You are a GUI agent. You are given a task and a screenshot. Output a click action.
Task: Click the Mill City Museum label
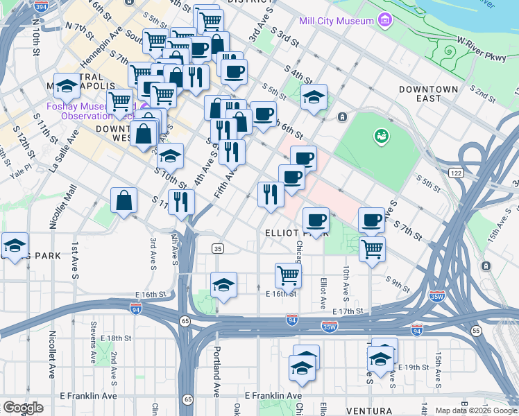tap(337, 21)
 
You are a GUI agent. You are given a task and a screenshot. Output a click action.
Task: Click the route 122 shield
tap(455, 172)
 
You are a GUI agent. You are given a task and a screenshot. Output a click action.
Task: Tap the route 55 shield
tap(476, 331)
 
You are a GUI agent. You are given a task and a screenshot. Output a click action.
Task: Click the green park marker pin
tap(380, 136)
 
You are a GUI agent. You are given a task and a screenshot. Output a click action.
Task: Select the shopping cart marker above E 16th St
tap(288, 275)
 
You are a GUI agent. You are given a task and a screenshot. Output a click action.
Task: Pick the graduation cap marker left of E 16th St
tap(223, 285)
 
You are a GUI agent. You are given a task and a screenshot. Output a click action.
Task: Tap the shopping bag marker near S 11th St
tap(124, 201)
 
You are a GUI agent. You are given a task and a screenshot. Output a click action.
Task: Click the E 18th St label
tap(115, 338)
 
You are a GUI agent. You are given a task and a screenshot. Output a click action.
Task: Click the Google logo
tap(23, 408)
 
